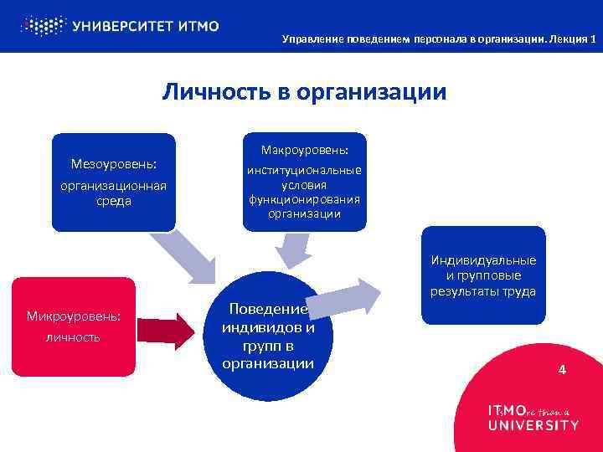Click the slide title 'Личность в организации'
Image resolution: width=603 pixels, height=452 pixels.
pos(304,91)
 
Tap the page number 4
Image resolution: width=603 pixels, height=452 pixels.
pos(562,368)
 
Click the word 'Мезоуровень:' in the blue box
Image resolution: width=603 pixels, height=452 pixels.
pos(114,164)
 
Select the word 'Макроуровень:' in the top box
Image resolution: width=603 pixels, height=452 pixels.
pos(305,151)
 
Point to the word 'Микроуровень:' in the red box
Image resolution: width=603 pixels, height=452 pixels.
pos(74,316)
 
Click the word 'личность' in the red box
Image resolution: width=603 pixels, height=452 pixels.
pos(74,336)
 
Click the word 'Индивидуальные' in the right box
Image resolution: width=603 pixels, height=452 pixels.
pos(484,260)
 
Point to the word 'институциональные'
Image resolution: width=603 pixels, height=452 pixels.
pos(305,170)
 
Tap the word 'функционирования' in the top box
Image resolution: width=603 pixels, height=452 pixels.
pos(305,199)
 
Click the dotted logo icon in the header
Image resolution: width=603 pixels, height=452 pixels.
pos(42,25)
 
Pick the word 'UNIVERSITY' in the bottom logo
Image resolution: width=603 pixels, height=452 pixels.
pos(533,424)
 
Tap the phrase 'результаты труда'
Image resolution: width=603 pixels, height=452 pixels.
pos(484,291)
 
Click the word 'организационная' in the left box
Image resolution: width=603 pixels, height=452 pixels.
pos(114,186)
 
